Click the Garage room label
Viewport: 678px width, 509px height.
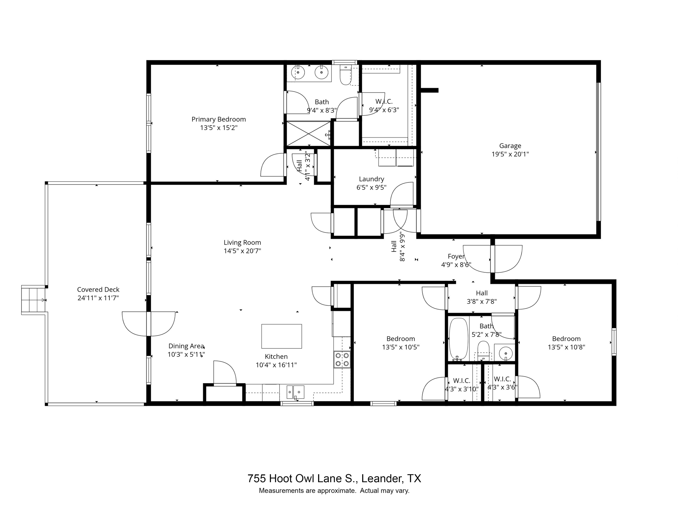[510, 146]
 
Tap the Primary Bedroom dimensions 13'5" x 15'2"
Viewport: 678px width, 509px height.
[218, 128]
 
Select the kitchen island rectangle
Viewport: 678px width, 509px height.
[281, 336]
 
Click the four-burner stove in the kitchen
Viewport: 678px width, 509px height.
[342, 359]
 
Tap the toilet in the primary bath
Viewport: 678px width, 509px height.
[345, 76]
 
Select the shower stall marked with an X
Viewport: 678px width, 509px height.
[308, 134]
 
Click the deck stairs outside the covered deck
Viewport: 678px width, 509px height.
[33, 300]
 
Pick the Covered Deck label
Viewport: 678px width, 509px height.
[98, 290]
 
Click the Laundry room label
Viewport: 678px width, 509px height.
[371, 179]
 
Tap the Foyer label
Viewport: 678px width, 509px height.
[456, 256]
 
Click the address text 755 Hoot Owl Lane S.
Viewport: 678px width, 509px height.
[303, 479]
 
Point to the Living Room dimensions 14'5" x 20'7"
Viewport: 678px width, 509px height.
[242, 251]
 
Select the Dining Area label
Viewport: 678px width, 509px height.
[186, 346]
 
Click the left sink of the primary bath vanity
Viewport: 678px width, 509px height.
[298, 73]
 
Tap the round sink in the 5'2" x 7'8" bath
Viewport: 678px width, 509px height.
[506, 354]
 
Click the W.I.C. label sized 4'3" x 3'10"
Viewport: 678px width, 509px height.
[461, 380]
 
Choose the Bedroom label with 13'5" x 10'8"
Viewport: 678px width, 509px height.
[566, 339]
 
